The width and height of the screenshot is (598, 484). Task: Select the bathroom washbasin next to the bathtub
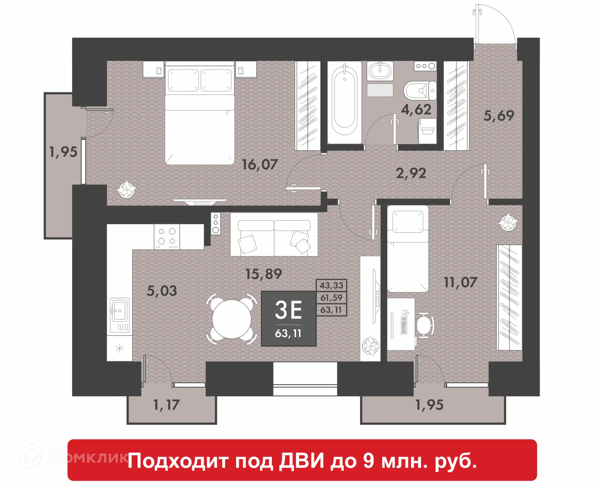click(x=380, y=71)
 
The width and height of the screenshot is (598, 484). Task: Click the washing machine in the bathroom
click(x=427, y=131)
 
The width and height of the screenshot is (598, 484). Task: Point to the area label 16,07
click(x=259, y=164)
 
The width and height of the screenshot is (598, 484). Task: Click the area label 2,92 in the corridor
click(x=411, y=173)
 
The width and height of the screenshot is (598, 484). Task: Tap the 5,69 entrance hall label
click(x=499, y=116)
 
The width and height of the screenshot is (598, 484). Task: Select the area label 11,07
click(x=460, y=282)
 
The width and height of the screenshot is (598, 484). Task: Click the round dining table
click(x=231, y=319)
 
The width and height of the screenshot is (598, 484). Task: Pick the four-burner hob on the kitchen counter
click(x=167, y=237)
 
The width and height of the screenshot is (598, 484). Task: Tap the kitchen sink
click(x=120, y=310)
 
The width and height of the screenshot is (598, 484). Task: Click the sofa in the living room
click(x=274, y=235)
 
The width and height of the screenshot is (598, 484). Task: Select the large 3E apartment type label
click(x=288, y=310)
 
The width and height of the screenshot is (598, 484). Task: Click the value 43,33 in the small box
click(x=331, y=285)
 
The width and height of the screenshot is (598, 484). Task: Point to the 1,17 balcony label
click(x=167, y=405)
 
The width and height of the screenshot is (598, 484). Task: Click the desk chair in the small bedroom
click(x=425, y=325)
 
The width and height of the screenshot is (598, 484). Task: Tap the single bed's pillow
click(x=408, y=222)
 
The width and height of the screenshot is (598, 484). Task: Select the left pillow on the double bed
click(x=183, y=80)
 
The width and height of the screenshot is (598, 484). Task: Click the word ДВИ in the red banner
click(x=301, y=461)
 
